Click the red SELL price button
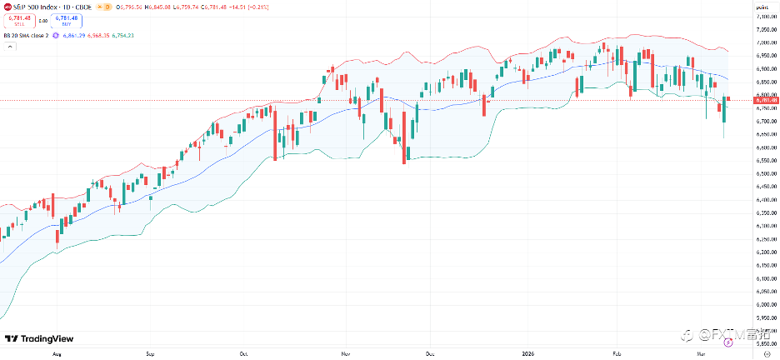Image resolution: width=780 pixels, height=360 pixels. point(19,20)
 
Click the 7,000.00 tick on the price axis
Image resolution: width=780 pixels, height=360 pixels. point(762,42)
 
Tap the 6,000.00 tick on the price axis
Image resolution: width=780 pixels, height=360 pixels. point(762,305)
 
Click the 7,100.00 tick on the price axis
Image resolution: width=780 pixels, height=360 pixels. point(762,16)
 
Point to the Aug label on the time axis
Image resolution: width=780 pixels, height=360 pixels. point(57,352)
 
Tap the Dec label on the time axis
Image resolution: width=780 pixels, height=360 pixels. point(429,352)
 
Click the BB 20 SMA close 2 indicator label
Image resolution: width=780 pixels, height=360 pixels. point(26,35)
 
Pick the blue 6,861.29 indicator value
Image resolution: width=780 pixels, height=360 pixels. point(73,35)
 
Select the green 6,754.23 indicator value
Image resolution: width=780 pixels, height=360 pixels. point(122,35)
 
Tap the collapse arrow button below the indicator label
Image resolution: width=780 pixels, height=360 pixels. point(9,47)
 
